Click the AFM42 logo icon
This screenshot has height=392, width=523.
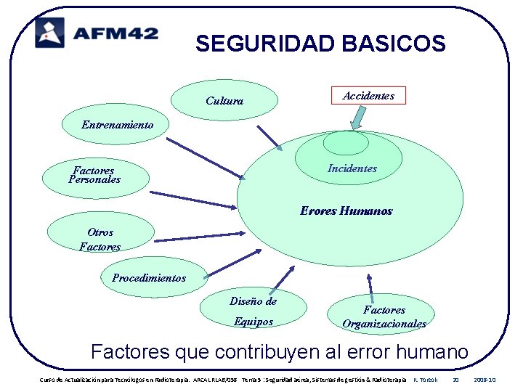49,33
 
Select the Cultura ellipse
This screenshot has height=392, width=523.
224,100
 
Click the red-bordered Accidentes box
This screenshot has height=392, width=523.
368,95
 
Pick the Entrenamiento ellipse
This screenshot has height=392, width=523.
117,125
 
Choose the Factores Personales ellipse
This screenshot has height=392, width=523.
97,175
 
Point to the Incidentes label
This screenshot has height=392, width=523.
352,168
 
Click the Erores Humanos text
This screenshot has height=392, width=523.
346,211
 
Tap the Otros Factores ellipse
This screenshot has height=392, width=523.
100,239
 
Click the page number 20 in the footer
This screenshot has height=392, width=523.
455,380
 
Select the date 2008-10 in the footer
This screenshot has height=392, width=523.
484,380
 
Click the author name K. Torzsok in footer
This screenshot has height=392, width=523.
426,380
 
